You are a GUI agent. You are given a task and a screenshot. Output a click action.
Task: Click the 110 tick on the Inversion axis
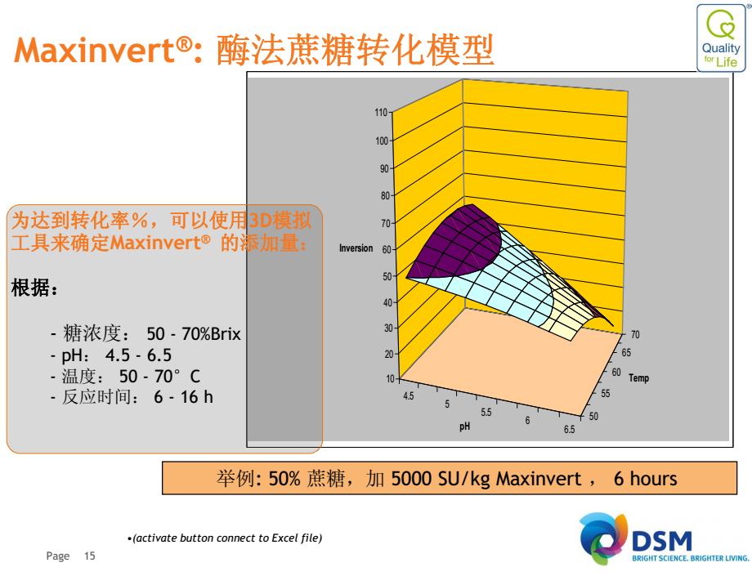381,112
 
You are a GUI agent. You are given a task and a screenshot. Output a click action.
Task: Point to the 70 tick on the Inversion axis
386,223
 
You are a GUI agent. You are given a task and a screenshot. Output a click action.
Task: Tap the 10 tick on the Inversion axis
391,378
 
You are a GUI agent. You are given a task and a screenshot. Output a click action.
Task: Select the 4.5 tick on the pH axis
408,395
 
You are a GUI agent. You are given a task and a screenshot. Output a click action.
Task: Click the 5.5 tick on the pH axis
486,412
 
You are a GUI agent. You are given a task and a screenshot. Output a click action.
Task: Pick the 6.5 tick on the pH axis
569,430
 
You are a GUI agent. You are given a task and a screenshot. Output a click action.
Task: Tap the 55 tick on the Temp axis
606,394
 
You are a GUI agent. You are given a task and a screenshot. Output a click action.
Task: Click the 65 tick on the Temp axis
626,353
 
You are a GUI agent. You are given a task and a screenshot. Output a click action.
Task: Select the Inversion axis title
356,248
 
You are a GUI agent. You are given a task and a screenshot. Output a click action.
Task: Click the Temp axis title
639,378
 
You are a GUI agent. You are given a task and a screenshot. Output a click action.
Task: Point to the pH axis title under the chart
465,426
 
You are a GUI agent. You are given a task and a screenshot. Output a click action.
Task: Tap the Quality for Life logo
721,38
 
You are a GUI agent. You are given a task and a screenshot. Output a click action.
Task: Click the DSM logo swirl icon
603,538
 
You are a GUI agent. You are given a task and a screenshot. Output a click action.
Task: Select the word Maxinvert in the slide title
95,51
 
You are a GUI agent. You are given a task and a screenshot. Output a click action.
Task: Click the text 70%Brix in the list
211,333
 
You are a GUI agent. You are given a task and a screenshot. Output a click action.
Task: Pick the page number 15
90,556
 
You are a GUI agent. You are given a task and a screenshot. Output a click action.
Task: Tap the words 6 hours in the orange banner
646,479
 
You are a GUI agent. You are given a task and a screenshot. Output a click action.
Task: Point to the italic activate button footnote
226,538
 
